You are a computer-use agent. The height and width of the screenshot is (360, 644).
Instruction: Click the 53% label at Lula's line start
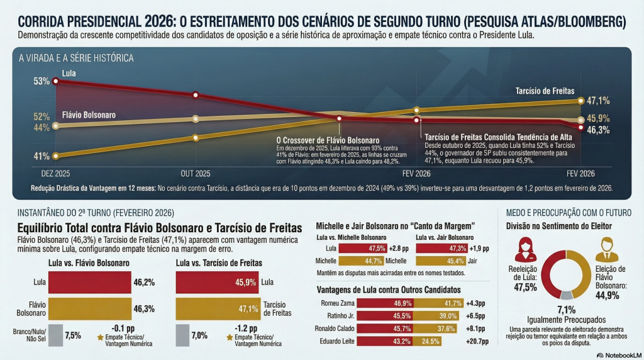(42, 81)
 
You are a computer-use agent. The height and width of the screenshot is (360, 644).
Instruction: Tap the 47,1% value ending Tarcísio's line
(598, 101)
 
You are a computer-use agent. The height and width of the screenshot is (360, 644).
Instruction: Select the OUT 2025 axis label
(195, 172)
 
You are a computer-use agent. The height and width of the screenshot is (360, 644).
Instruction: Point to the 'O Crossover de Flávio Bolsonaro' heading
(328, 140)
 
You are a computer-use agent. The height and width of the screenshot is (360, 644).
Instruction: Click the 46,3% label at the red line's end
(598, 130)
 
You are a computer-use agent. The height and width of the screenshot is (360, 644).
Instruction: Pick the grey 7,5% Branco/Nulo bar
(55, 335)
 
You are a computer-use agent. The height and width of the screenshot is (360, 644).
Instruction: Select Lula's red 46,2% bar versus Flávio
(90, 283)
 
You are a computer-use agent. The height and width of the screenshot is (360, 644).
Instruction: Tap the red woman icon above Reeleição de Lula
(526, 249)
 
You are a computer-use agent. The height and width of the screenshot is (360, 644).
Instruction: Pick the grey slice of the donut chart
(566, 295)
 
